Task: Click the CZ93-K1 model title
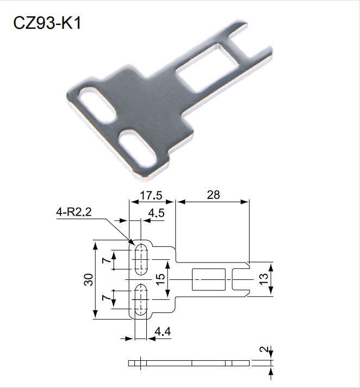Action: pos(47,23)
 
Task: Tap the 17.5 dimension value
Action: pos(151,196)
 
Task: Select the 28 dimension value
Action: pos(213,195)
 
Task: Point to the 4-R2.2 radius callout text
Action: pos(74,212)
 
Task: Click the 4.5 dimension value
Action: pos(156,213)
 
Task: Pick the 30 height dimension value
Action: pos(89,280)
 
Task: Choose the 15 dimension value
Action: pos(160,279)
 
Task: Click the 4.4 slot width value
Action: pos(163,331)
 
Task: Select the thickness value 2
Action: pos(264,349)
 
